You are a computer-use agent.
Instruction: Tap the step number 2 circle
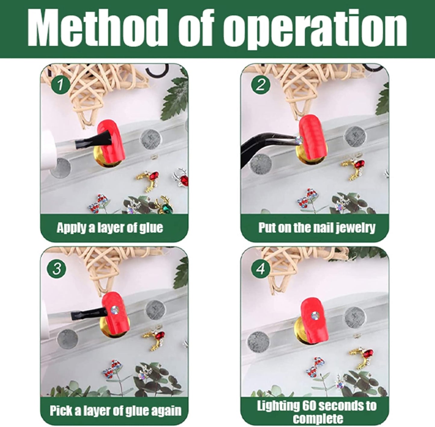click(260, 85)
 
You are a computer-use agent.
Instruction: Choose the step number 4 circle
click(260, 269)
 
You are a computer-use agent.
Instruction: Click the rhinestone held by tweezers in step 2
click(299, 140)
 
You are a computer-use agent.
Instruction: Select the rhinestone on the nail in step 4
click(315, 316)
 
